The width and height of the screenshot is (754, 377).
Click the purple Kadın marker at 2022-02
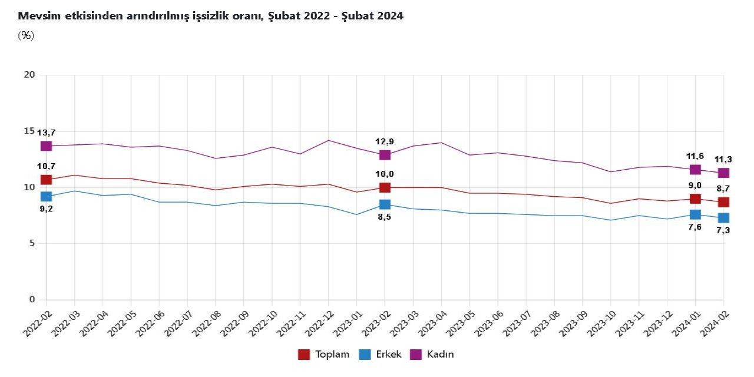(x=46, y=145)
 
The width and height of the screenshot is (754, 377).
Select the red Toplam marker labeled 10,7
(x=46, y=180)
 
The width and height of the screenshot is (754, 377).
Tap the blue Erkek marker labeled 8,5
(x=385, y=204)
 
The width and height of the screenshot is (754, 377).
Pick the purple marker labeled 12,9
(x=385, y=155)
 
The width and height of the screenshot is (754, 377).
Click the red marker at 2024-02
(x=723, y=202)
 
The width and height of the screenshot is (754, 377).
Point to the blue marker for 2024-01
(x=695, y=214)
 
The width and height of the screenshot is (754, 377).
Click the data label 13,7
(x=46, y=133)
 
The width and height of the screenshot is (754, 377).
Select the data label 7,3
(x=723, y=230)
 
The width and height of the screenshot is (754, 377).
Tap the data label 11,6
(x=695, y=156)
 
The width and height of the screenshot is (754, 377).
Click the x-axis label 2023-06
(x=490, y=321)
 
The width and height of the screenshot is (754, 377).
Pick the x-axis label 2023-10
(x=603, y=321)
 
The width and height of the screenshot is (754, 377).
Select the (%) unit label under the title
(x=26, y=35)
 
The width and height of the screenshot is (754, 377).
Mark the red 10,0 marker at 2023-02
(x=385, y=187)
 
